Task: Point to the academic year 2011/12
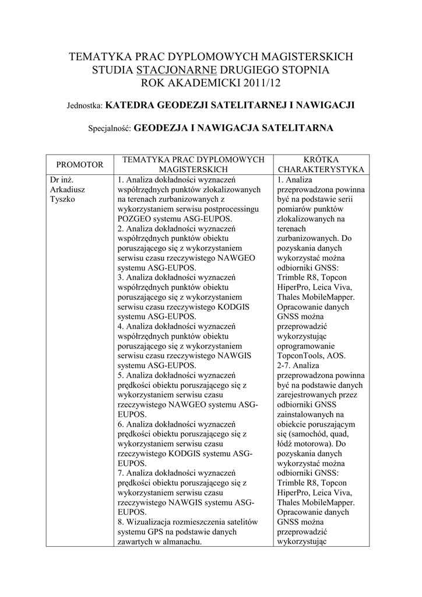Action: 254,83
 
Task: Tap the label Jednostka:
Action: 85,106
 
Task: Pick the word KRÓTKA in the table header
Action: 321,159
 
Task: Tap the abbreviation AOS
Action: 335,356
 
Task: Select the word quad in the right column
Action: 349,434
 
